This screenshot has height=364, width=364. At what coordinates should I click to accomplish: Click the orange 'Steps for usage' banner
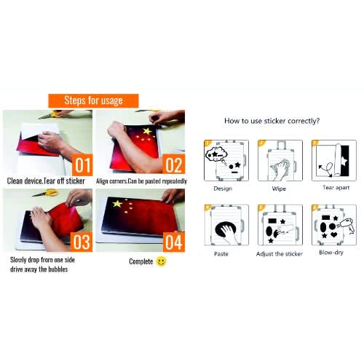(93, 100)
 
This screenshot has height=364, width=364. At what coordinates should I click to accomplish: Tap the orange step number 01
(82, 165)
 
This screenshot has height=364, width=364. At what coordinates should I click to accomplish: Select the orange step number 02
(174, 165)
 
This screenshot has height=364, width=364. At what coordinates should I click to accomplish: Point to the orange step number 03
(82, 242)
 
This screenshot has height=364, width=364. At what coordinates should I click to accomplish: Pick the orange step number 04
(174, 242)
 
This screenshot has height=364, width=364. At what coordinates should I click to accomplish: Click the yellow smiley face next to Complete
(161, 261)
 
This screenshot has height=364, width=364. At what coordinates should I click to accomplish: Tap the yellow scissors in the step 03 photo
(46, 193)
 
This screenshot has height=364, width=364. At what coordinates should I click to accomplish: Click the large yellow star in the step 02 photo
(147, 131)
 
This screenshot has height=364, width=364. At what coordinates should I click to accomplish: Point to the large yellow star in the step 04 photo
(117, 204)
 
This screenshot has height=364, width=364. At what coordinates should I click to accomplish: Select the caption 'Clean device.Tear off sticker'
(46, 181)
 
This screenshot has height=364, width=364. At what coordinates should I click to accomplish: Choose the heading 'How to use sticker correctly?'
(272, 121)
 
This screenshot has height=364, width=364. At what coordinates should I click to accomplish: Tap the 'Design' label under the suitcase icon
(223, 189)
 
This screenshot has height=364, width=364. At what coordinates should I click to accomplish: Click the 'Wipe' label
(279, 189)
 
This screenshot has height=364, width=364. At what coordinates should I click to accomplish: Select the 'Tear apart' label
(336, 188)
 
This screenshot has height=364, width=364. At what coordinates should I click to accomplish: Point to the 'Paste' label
(221, 254)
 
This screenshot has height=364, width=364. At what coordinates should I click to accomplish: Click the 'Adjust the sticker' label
(280, 254)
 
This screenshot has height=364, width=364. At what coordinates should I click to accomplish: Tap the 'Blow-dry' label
(331, 253)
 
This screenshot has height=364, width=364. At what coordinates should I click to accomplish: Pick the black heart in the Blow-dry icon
(334, 234)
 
